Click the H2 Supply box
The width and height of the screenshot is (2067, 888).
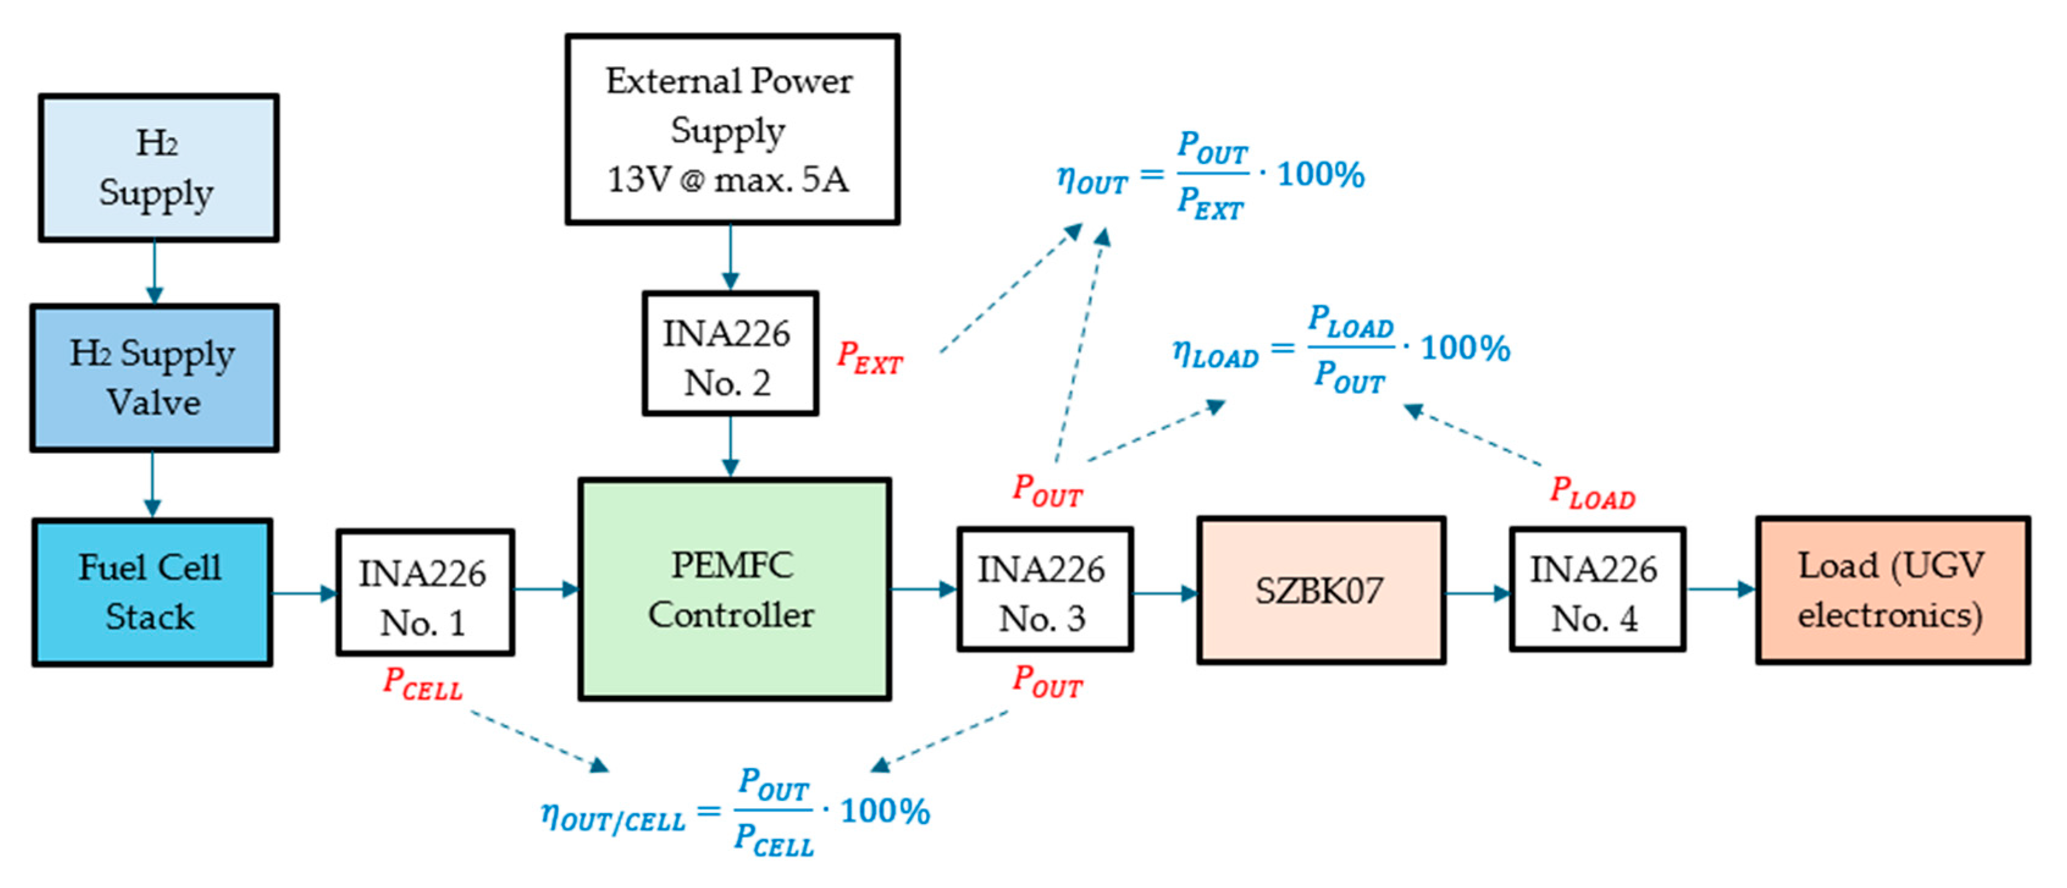click(158, 168)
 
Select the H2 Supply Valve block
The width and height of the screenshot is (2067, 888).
click(154, 378)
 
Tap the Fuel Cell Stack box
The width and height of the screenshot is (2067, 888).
click(152, 592)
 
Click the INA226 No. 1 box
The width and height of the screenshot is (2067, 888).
click(425, 593)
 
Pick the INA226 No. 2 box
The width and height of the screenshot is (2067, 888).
click(729, 354)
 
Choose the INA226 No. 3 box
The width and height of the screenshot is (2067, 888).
click(1044, 590)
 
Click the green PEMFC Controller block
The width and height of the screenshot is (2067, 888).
click(734, 590)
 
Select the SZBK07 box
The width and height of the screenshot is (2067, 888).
click(1320, 590)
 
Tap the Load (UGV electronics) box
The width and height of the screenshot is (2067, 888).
click(1892, 590)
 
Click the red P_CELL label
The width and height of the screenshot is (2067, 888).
click(423, 684)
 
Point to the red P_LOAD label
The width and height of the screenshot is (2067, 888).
click(1592, 493)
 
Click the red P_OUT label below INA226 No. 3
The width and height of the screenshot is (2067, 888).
click(1047, 682)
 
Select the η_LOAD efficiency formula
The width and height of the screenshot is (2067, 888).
click(1340, 349)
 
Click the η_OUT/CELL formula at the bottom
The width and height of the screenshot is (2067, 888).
click(734, 812)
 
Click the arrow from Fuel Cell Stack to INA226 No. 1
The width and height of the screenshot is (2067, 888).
click(304, 593)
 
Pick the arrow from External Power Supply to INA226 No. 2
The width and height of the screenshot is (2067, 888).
click(729, 257)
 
